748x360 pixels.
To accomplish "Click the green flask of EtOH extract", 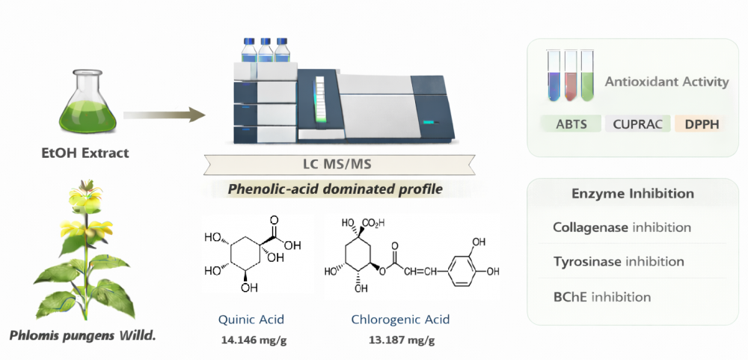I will [x=83, y=105].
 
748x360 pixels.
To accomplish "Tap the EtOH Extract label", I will [x=85, y=153].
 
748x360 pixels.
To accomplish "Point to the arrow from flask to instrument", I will [x=165, y=115].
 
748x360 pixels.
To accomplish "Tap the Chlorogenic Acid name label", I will [x=400, y=320].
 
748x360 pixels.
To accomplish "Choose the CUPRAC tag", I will [x=637, y=124].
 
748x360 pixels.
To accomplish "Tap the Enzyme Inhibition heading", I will [x=633, y=194].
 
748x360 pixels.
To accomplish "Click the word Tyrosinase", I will [x=587, y=261].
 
